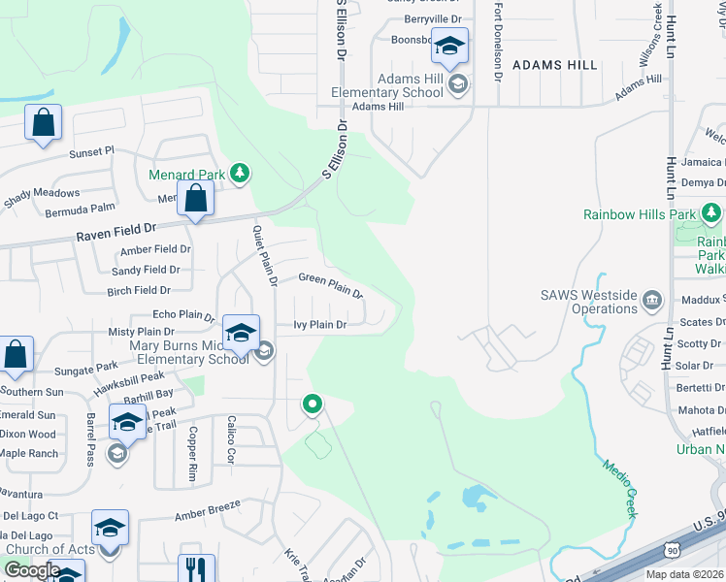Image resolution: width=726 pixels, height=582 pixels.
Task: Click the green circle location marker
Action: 313,404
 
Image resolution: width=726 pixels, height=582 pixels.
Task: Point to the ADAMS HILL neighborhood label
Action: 555,65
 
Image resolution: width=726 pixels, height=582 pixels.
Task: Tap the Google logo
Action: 32,570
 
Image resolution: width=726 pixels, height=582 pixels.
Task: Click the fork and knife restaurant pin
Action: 197,568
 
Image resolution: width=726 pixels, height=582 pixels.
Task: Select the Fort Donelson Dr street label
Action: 498,39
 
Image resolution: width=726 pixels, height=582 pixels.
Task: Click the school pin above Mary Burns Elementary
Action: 241,333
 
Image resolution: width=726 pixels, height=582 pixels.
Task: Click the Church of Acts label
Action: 49,549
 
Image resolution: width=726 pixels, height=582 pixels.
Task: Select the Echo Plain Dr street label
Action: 183,315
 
